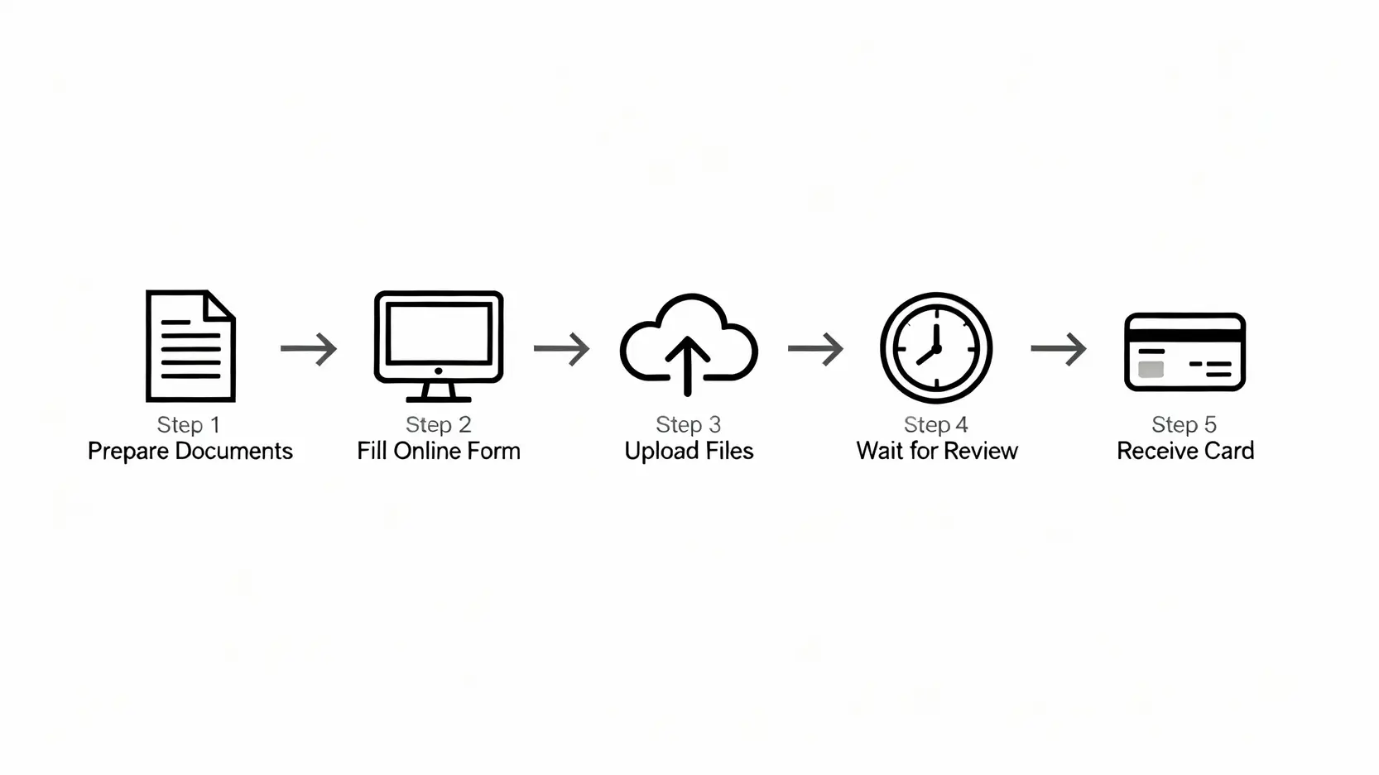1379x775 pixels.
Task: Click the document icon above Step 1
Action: click(x=190, y=346)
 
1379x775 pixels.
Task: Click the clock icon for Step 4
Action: click(x=936, y=347)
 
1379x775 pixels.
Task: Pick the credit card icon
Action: click(x=1184, y=352)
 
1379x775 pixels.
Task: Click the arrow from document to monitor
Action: click(x=309, y=348)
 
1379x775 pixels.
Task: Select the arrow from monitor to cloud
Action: click(x=562, y=348)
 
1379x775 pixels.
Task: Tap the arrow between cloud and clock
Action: click(x=815, y=348)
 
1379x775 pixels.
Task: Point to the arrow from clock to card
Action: click(x=1059, y=348)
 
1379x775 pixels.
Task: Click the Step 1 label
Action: click(x=189, y=424)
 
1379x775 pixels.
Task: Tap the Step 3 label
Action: click(x=688, y=424)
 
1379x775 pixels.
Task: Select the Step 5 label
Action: click(x=1184, y=424)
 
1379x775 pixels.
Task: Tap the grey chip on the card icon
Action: click(x=1151, y=369)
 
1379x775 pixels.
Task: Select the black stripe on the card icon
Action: click(x=1184, y=334)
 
